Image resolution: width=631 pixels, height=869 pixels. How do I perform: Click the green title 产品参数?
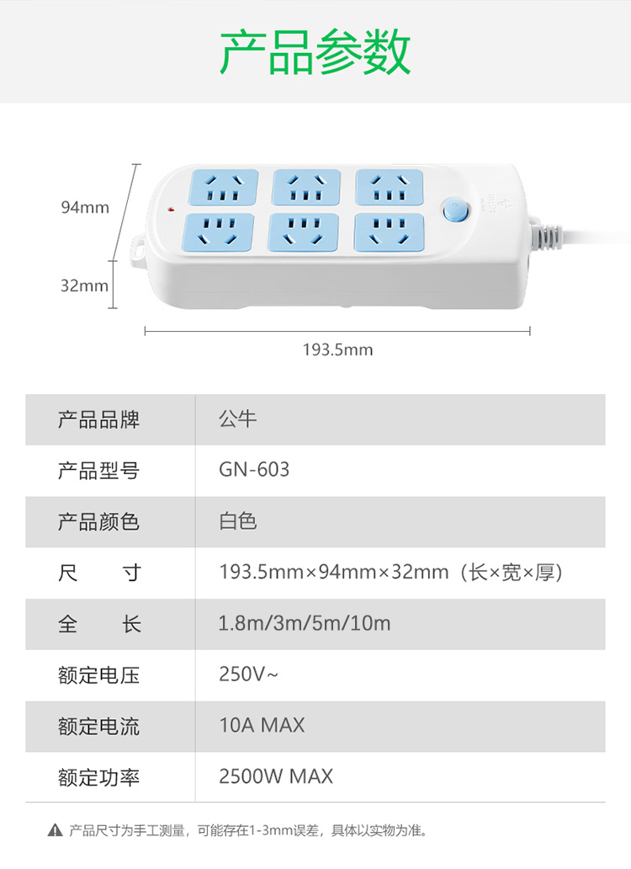(315, 52)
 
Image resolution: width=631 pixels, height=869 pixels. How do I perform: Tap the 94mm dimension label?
(85, 207)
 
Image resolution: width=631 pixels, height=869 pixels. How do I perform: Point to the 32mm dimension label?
(84, 285)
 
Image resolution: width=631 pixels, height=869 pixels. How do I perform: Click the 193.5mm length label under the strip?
(337, 349)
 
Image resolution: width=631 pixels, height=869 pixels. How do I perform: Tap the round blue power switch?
(457, 210)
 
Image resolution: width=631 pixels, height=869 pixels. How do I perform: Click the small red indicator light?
(171, 210)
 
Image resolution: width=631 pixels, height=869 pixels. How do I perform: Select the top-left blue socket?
(223, 187)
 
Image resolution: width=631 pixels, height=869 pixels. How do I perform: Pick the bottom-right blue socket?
(389, 232)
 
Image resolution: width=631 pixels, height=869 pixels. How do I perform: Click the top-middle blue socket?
(306, 187)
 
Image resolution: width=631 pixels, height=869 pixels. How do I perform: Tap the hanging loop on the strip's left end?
(137, 249)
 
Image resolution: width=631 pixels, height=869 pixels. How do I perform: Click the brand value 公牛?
(238, 419)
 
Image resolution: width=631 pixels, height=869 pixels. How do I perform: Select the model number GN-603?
(254, 470)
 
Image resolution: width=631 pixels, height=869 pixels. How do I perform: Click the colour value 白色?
(238, 521)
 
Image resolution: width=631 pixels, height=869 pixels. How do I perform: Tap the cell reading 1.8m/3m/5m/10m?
(305, 623)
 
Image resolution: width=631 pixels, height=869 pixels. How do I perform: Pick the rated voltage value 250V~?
(248, 674)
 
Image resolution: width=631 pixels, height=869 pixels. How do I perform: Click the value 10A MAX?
(262, 726)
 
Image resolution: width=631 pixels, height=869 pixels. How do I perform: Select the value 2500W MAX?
(276, 776)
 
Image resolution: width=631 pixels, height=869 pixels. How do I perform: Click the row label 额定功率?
(98, 777)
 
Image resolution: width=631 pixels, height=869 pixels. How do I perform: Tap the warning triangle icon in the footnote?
(55, 830)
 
